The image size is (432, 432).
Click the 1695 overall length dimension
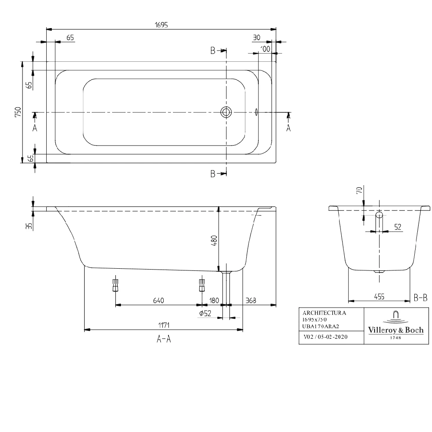pos(162,25)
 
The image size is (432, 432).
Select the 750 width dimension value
pos(18,112)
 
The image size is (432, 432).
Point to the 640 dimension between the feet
pos(158,300)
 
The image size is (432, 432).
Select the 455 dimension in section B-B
pos(379,297)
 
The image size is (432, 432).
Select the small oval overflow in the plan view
pos(257,112)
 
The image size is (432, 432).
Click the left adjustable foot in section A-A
pos(115,285)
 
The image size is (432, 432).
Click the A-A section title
pos(163,340)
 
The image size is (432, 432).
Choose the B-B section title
pos(420,297)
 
